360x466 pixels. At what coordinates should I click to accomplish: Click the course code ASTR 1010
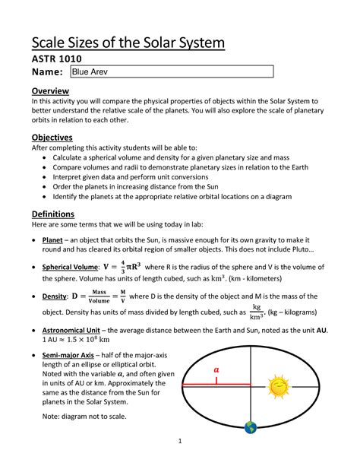[56, 59]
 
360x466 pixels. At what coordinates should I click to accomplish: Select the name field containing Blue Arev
[171, 71]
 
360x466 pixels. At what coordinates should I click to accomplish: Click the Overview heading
[50, 91]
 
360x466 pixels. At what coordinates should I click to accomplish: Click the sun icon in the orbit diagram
[279, 388]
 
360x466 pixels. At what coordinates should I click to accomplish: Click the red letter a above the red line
[216, 369]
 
